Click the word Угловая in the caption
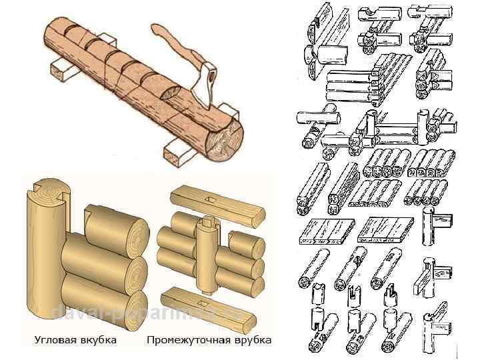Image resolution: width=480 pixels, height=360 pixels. [x=55, y=341]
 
